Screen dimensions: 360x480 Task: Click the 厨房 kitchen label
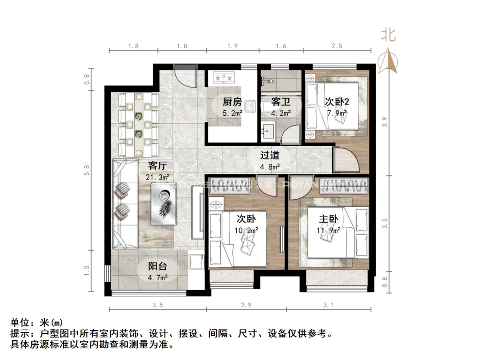(232, 101)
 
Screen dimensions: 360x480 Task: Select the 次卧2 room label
(337, 101)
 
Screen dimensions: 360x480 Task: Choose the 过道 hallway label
(270, 155)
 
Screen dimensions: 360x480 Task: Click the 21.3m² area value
(157, 177)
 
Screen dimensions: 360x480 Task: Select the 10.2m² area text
(247, 230)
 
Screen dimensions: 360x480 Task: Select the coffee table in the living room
(163, 204)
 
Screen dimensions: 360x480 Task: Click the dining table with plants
(139, 124)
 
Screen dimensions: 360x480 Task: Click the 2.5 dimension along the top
(337, 46)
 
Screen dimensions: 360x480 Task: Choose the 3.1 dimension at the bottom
(328, 305)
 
